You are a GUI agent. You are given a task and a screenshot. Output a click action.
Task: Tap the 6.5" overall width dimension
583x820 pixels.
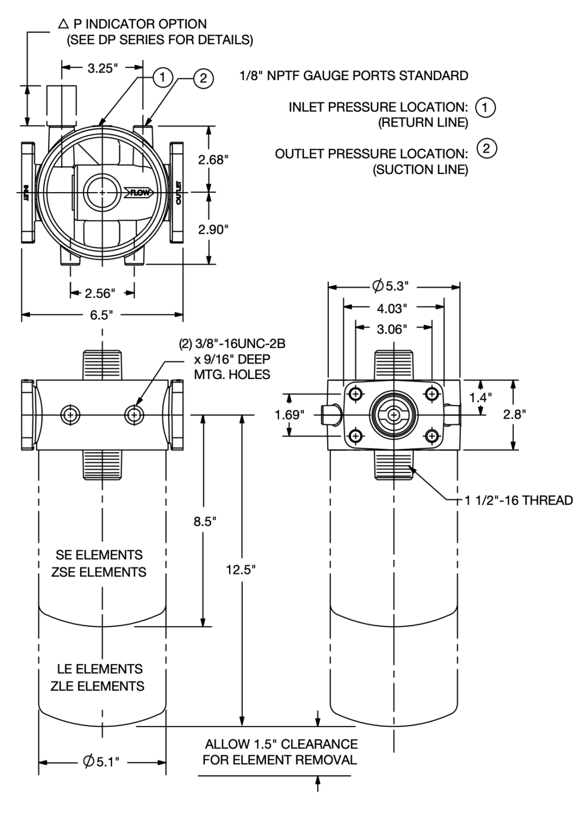pos(101,315)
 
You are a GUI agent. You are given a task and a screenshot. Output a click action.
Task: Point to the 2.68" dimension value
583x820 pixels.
pos(214,160)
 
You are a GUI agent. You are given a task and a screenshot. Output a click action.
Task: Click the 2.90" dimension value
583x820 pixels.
pos(214,230)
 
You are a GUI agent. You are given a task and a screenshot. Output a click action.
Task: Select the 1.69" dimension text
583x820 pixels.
pos(289,415)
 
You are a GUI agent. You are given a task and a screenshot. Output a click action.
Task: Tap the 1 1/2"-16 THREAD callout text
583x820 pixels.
pos(518,500)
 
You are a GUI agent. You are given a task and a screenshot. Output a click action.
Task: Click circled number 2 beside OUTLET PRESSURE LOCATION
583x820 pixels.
pos(486,148)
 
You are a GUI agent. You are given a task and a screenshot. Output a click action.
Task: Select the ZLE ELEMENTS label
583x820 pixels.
pos(98,686)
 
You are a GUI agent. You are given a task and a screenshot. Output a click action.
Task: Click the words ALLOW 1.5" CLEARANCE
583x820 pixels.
pos(281,744)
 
